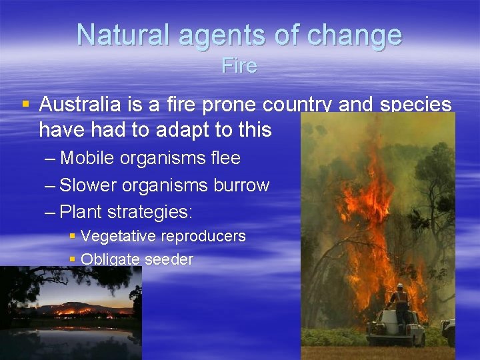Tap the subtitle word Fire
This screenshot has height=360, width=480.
[x=239, y=66]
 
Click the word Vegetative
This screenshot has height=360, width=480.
[x=119, y=236]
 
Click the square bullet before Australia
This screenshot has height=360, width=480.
[x=25, y=105]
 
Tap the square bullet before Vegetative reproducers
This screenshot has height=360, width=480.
[x=73, y=236]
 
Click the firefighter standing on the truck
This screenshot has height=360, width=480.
[x=401, y=303]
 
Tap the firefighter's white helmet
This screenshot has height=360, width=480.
[x=400, y=287]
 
